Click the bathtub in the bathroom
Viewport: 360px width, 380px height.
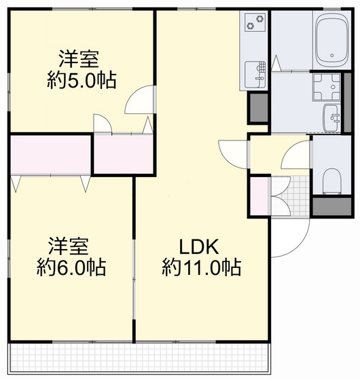[332, 40]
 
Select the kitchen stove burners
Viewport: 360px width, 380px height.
[255, 22]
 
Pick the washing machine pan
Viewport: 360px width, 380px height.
[327, 87]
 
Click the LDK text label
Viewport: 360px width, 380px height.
[199, 247]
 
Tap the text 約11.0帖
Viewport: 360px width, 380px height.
[201, 267]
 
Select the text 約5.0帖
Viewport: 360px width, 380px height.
[82, 80]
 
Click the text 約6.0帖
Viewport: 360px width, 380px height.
[71, 267]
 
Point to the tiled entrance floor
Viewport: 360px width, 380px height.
[290, 196]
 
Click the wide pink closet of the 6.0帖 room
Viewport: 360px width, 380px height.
[51, 155]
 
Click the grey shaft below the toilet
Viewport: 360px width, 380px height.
[332, 206]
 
